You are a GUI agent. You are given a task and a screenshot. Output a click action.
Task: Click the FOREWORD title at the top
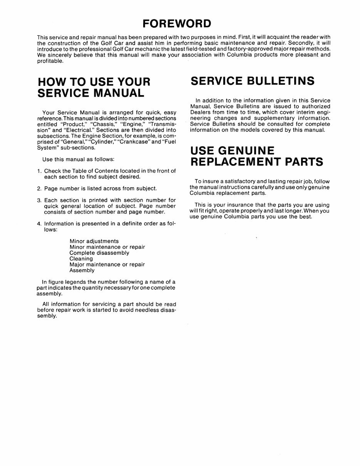tap(177, 23)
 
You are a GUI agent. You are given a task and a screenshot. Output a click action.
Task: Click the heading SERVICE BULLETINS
tap(253, 81)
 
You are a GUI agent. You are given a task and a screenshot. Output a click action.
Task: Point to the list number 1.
tap(39, 171)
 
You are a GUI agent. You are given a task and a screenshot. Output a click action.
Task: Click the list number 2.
tap(39, 189)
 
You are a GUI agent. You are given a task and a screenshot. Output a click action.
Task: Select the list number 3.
tap(39, 200)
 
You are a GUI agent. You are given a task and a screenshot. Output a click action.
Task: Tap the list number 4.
tap(39, 224)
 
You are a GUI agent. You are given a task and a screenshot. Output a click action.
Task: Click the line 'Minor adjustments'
tap(94, 241)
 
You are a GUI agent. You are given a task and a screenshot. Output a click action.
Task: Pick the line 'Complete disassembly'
tap(99, 253)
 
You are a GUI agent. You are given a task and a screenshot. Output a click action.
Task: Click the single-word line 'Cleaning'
tap(81, 259)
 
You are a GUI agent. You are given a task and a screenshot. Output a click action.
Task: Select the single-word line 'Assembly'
tap(82, 270)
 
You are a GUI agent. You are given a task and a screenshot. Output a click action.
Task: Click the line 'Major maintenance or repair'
tap(107, 265)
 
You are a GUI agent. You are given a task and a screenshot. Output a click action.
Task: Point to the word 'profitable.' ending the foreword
tap(50, 60)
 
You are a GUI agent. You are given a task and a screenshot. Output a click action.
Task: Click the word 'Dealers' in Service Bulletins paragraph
tap(200, 112)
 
